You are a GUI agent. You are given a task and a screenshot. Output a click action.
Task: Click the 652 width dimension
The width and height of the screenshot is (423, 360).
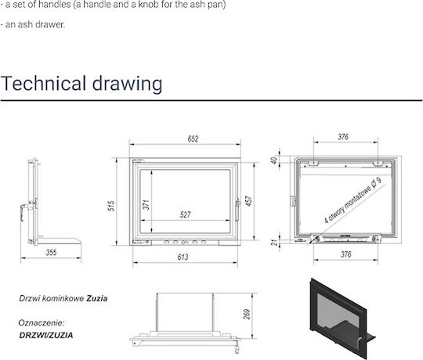tap(193, 139)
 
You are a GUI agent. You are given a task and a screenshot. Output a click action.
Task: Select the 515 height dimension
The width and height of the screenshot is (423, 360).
tap(111, 206)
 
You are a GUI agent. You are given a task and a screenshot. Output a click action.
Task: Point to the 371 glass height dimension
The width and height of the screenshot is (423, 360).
tap(146, 205)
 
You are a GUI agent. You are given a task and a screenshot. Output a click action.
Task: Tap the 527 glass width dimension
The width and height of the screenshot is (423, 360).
tap(185, 214)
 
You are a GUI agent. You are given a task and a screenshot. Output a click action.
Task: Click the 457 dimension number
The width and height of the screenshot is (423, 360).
tap(249, 201)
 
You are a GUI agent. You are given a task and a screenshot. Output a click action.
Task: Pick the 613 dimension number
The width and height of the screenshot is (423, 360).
tap(183, 257)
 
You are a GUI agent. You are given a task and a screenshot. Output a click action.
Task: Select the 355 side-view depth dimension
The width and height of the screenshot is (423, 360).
tap(51, 253)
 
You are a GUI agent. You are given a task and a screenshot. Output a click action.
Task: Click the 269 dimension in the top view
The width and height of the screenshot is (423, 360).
tap(247, 315)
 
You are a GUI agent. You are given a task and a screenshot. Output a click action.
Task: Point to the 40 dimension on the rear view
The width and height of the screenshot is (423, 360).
tap(274, 160)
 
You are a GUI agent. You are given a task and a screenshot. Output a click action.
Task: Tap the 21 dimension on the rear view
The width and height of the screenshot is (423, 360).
tap(274, 243)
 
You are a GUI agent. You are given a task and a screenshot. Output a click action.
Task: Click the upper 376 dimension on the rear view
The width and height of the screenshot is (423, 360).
tap(343, 137)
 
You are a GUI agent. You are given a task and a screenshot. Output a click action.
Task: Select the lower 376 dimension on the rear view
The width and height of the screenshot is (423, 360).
tap(346, 254)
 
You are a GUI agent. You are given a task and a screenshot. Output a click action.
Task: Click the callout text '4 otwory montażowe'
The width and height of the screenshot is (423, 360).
tap(348, 205)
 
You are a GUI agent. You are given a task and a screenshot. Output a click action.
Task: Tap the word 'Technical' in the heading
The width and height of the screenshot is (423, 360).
tap(43, 83)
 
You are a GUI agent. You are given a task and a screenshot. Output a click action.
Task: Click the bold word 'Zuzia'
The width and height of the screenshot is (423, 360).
tap(97, 298)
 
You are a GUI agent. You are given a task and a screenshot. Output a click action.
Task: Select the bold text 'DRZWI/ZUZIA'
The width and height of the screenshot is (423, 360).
tap(46, 335)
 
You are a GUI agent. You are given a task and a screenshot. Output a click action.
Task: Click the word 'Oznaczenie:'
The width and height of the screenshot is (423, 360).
tap(42, 322)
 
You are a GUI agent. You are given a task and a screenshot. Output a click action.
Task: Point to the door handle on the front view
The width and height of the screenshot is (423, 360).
tap(237, 211)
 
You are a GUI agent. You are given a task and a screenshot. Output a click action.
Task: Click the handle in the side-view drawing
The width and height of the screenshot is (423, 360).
tap(25, 211)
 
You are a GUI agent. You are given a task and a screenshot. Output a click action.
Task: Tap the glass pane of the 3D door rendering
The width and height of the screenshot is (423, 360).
tap(338, 315)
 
